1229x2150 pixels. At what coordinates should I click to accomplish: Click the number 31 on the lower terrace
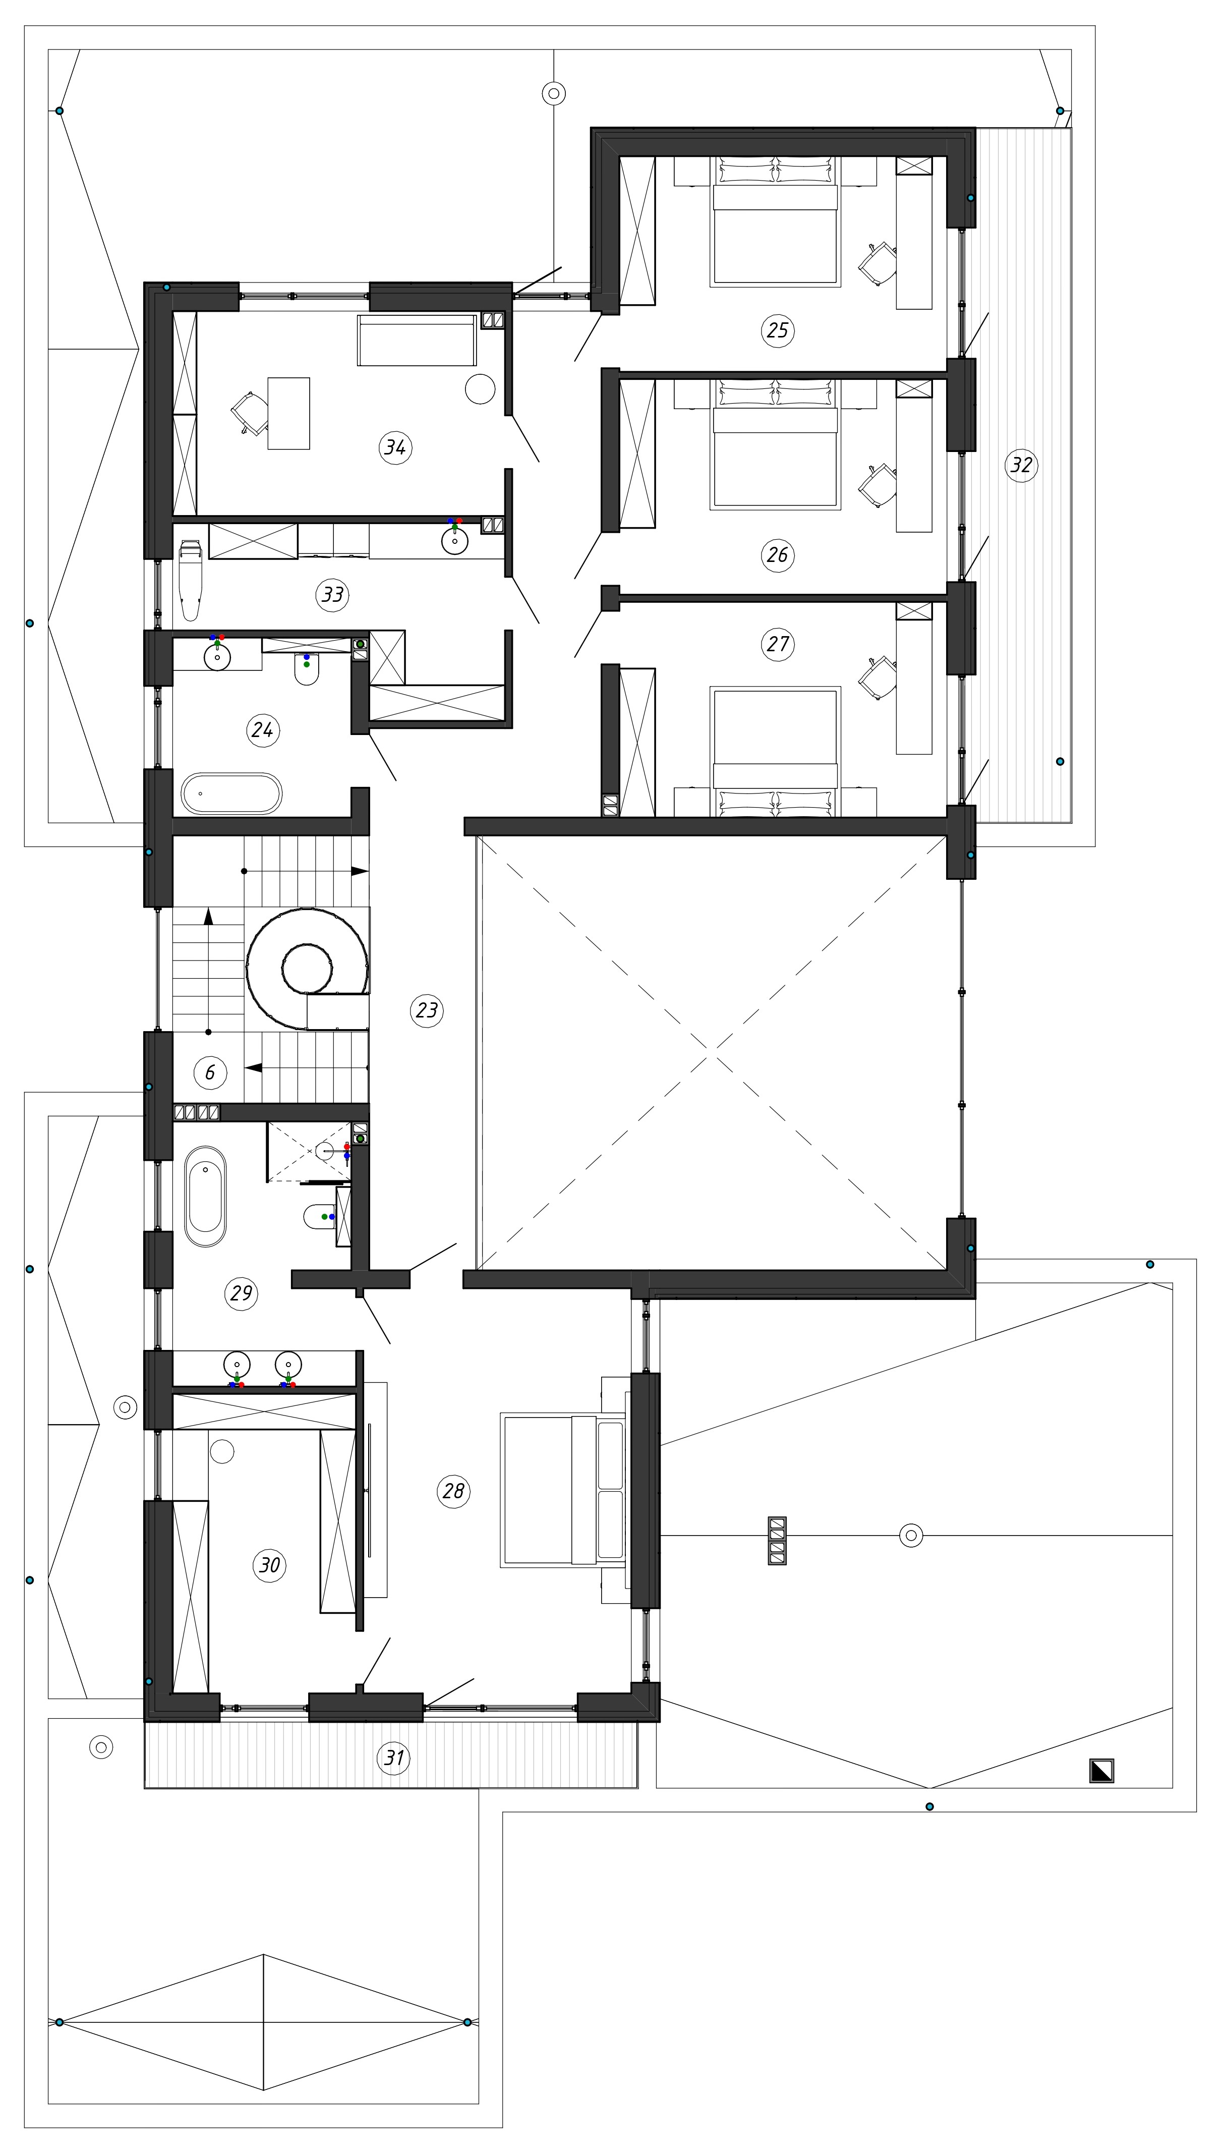(x=394, y=1759)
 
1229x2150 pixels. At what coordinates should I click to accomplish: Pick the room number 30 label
(x=269, y=1565)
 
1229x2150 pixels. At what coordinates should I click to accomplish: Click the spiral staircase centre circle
(x=307, y=968)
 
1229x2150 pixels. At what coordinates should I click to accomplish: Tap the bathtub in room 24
(x=231, y=794)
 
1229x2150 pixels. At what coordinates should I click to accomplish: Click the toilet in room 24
(x=307, y=670)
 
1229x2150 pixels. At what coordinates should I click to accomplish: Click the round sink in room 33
(x=455, y=541)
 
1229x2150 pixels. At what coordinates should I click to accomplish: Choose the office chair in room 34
(x=250, y=413)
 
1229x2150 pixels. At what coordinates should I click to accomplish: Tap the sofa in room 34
(x=417, y=340)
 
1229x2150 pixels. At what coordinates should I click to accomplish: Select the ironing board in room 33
(x=191, y=580)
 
